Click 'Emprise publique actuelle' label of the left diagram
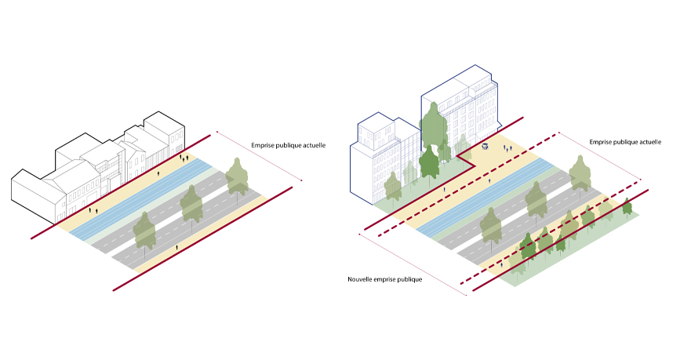pos(288,145)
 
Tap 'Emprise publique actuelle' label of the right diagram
pos(625,142)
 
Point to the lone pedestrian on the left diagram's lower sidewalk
pos(176,246)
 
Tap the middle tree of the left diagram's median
pos(191,205)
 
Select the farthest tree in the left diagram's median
pos(237,176)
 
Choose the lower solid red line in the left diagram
pos(204,238)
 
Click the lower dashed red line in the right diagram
pos(541,243)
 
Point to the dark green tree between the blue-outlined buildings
pos(429,162)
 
